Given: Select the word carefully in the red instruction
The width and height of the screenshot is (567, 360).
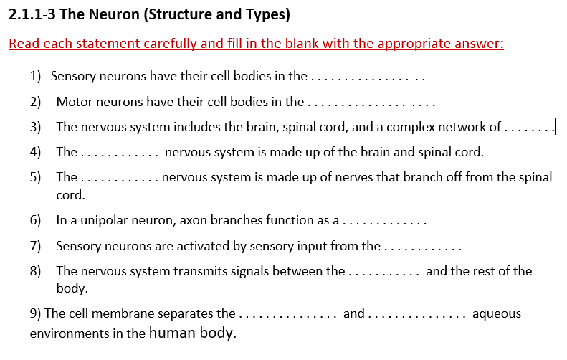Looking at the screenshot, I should pyautogui.click(x=163, y=44).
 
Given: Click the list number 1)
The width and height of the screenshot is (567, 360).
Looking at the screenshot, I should pyautogui.click(x=36, y=75).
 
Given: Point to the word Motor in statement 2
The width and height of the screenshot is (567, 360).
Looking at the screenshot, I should pyautogui.click(x=74, y=102).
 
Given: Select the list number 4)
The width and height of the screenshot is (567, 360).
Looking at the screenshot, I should pyautogui.click(x=36, y=152).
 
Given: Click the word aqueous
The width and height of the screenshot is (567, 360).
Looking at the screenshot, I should pyautogui.click(x=497, y=313).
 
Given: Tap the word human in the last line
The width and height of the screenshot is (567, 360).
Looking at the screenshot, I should pyautogui.click(x=172, y=333).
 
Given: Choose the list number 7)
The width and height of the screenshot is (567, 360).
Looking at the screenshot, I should pyautogui.click(x=36, y=246).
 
